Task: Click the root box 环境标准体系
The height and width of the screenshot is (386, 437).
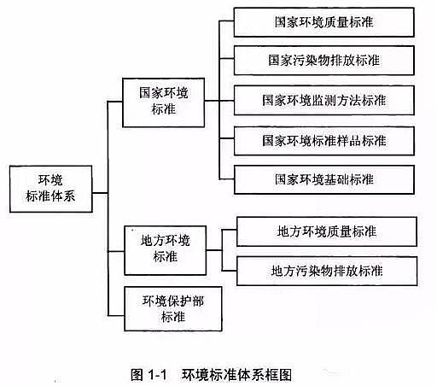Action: [50, 188]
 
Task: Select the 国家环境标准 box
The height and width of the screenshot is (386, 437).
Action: [163, 101]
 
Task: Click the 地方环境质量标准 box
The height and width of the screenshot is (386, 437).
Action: [327, 231]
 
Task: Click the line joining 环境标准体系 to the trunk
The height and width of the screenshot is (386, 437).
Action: [97, 188]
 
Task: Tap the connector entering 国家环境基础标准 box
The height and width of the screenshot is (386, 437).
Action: [226, 179]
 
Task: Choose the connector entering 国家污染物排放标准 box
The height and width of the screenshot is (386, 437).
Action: [226, 60]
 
